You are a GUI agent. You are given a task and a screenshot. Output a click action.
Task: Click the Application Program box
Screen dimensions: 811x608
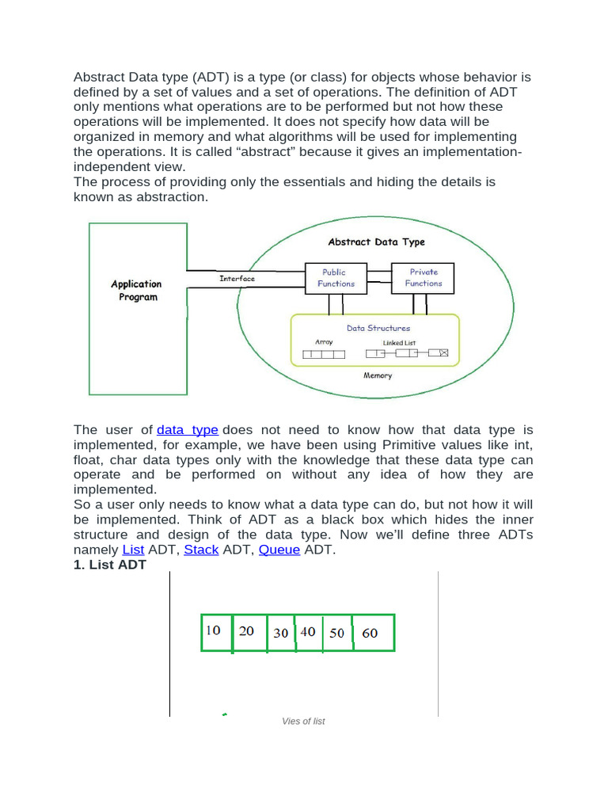click(x=138, y=308)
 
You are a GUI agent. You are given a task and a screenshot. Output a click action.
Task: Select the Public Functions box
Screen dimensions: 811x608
click(x=336, y=278)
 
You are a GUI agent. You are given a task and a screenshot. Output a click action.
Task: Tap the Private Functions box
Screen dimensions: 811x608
click(x=424, y=278)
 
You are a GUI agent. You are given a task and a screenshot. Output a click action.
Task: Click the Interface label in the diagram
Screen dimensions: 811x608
click(x=237, y=279)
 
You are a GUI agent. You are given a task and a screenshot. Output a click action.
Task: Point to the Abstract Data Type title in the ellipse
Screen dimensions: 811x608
click(x=376, y=242)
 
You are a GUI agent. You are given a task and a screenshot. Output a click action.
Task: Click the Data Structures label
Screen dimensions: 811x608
click(x=378, y=328)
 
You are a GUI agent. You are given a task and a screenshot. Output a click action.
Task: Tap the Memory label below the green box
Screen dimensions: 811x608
click(x=378, y=375)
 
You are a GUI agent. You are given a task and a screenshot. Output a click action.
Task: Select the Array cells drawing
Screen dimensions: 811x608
click(x=325, y=354)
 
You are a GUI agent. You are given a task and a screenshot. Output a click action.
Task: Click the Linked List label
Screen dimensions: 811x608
click(x=399, y=343)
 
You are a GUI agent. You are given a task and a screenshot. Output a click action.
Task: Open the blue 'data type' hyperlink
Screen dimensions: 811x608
click(x=188, y=430)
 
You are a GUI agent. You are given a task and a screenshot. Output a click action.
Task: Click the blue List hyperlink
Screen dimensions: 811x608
click(x=133, y=550)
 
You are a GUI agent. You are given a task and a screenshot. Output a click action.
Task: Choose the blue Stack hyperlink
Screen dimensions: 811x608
click(x=201, y=550)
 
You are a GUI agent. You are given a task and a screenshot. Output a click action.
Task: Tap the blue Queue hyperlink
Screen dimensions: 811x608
click(x=279, y=550)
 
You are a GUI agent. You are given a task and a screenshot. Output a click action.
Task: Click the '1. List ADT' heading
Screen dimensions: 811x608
click(x=110, y=565)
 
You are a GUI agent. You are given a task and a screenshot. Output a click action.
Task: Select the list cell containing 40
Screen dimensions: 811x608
click(x=309, y=632)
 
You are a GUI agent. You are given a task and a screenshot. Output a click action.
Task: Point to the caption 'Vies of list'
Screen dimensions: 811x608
click(x=303, y=722)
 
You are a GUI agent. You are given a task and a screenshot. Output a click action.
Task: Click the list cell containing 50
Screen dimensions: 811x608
click(x=338, y=633)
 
